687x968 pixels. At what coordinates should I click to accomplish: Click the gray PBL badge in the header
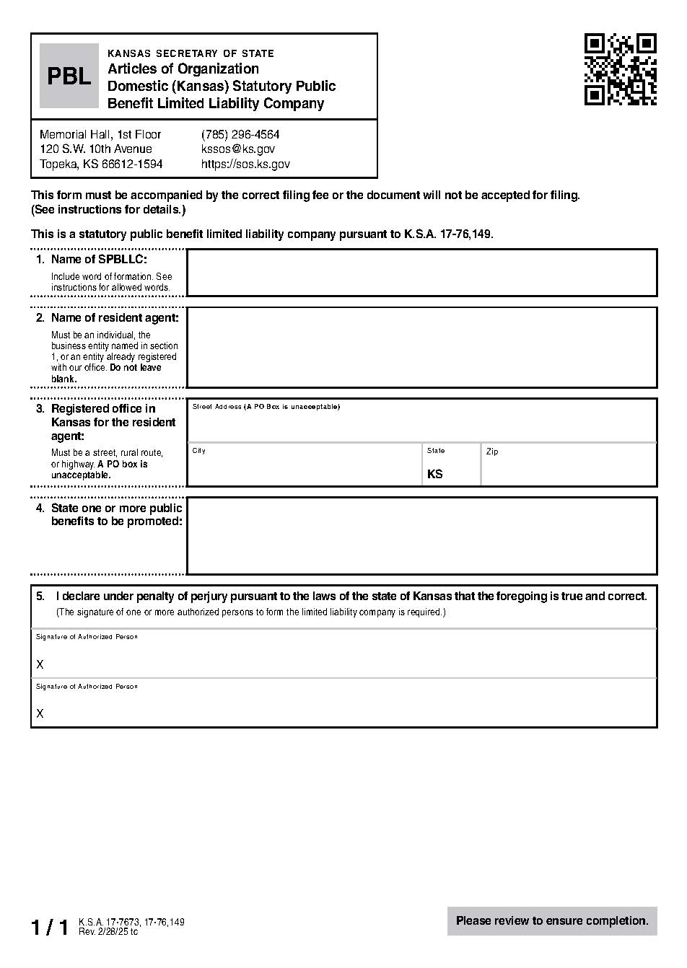pyautogui.click(x=69, y=76)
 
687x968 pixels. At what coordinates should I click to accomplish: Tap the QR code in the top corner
pyautogui.click(x=620, y=69)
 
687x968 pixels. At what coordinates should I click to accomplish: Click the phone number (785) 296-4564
pyautogui.click(x=240, y=135)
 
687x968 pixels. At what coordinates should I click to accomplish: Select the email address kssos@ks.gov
pyautogui.click(x=237, y=149)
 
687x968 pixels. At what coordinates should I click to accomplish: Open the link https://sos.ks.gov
pyautogui.click(x=245, y=164)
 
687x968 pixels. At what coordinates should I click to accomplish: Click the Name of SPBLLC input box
pyautogui.click(x=421, y=273)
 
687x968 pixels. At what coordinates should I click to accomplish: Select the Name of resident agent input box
pyautogui.click(x=421, y=348)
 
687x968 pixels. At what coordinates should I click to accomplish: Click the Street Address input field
pyautogui.click(x=421, y=426)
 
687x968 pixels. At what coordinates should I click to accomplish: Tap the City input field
pyautogui.click(x=305, y=469)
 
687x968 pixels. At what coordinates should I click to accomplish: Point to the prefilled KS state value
pyautogui.click(x=435, y=474)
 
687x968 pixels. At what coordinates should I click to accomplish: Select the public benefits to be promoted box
pyautogui.click(x=421, y=536)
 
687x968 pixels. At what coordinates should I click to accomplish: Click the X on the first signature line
pyautogui.click(x=40, y=664)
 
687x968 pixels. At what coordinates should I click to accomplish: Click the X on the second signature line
pyautogui.click(x=40, y=713)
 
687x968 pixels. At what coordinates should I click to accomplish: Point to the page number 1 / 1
pyautogui.click(x=49, y=928)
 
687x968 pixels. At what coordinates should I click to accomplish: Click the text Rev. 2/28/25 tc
pyautogui.click(x=108, y=932)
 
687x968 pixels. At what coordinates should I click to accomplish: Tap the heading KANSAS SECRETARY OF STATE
pyautogui.click(x=191, y=53)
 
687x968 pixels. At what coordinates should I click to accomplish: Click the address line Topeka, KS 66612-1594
pyautogui.click(x=101, y=164)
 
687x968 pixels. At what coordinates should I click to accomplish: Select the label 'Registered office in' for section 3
pyautogui.click(x=103, y=409)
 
